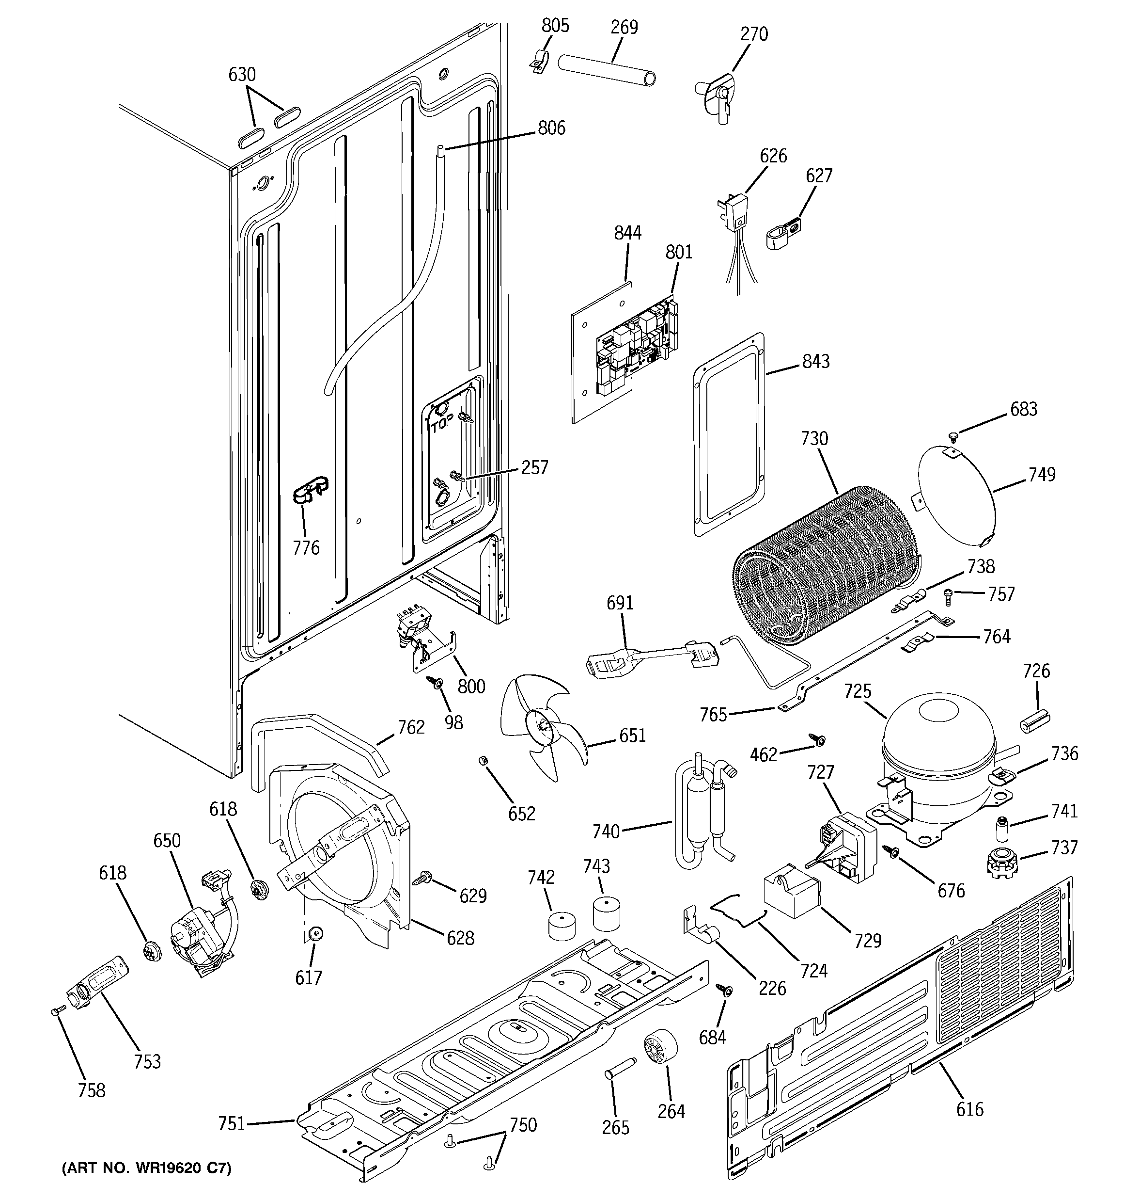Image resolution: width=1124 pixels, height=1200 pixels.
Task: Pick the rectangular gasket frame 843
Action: click(x=730, y=434)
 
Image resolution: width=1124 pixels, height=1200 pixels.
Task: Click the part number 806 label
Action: click(x=551, y=128)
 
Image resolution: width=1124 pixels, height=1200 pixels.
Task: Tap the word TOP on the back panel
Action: click(x=442, y=427)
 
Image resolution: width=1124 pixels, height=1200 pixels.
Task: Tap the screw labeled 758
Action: click(x=56, y=1010)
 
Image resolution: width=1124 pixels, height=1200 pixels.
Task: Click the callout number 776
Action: click(x=306, y=548)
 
